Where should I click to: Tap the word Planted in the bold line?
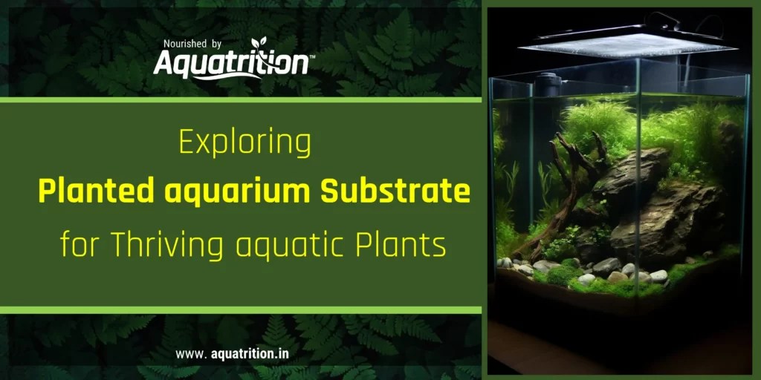(x=86, y=192)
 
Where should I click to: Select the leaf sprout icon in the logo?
(x=259, y=44)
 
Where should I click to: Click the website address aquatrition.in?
(x=247, y=353)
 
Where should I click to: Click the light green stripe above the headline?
(x=241, y=100)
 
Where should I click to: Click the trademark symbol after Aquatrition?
(x=311, y=56)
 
